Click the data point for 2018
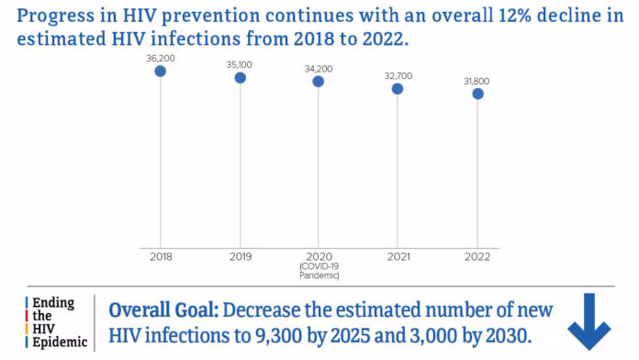(x=161, y=71)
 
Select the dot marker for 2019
(x=240, y=77)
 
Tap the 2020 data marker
(x=319, y=81)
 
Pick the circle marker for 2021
(x=398, y=88)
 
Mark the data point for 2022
(x=476, y=93)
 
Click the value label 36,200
(x=161, y=58)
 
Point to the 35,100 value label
(x=240, y=65)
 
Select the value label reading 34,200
(x=319, y=69)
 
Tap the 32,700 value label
(x=398, y=76)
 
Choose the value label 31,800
(x=476, y=81)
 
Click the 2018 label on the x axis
(x=161, y=256)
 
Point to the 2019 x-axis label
(x=240, y=256)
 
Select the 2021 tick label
(x=398, y=256)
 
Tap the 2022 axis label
(x=476, y=256)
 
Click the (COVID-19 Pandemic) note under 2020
(x=319, y=270)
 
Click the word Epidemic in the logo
(x=57, y=343)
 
